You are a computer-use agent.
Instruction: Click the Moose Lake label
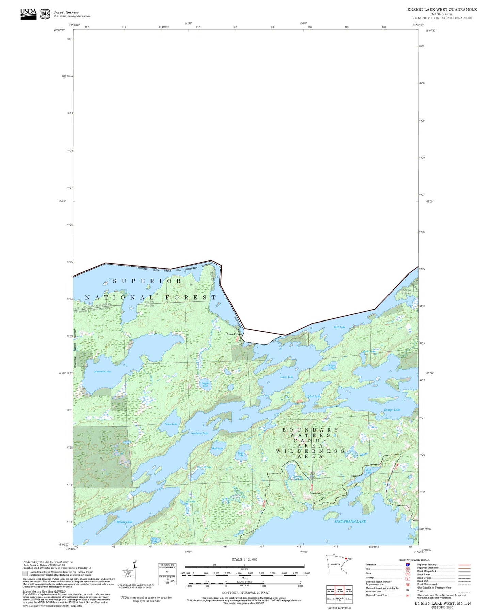click(124, 522)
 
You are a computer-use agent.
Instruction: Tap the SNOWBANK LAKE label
click(350, 521)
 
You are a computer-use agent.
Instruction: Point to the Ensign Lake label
click(392, 410)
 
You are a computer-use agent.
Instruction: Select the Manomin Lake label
click(102, 371)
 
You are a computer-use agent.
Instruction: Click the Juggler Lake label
click(205, 384)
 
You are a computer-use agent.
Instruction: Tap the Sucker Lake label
click(286, 377)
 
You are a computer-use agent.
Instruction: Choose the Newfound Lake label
click(199, 433)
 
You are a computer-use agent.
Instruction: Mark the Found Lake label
click(171, 424)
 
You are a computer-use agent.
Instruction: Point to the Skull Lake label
click(217, 448)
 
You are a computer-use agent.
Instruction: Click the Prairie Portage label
click(234, 334)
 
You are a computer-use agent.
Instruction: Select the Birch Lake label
click(339, 327)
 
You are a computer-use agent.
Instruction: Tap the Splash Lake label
click(313, 396)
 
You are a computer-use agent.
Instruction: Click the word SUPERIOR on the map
click(147, 281)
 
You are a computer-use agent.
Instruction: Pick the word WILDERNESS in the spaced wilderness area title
click(310, 451)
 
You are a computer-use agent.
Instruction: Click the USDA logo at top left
click(28, 14)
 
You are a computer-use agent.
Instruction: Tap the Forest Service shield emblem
click(45, 14)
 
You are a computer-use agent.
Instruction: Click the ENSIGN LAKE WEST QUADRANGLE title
click(442, 10)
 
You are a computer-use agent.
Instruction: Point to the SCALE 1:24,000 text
click(244, 559)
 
